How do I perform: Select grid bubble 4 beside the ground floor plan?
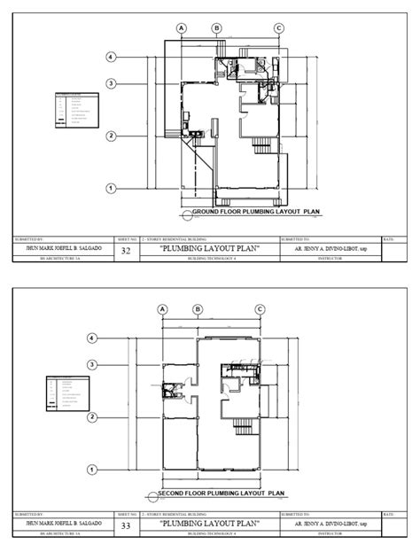tap(111, 58)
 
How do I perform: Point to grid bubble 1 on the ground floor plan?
tap(111, 188)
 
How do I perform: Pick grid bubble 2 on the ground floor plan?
tap(111, 136)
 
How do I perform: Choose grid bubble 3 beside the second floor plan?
tap(92, 364)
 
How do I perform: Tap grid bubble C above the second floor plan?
tap(260, 308)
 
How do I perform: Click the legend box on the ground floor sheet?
tap(76, 113)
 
